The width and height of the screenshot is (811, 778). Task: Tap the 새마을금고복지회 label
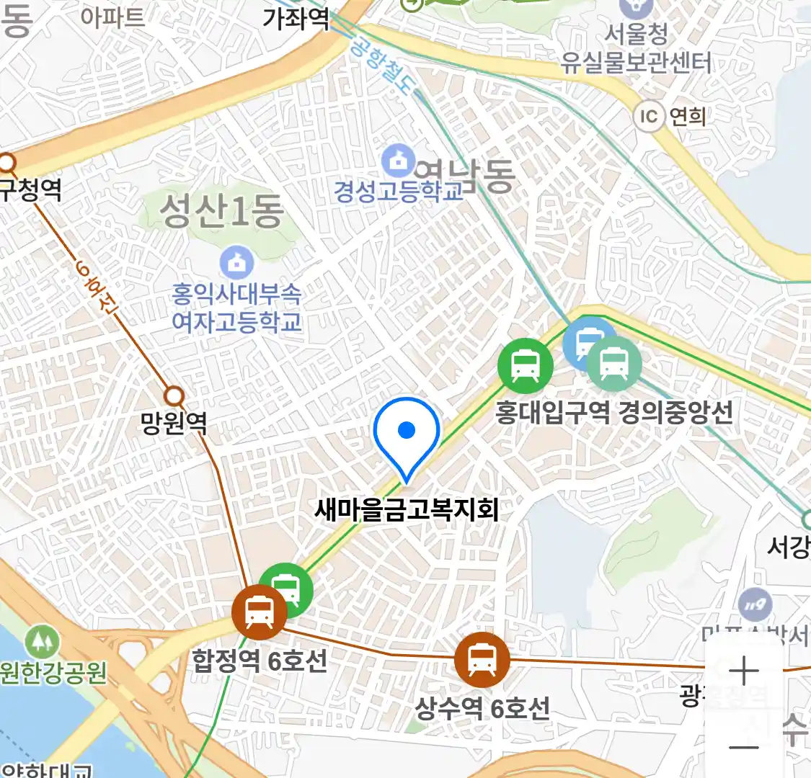(407, 510)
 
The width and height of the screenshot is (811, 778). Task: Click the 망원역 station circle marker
(174, 395)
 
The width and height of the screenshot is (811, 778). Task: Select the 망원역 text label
(174, 422)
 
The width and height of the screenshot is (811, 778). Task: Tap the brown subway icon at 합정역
(259, 612)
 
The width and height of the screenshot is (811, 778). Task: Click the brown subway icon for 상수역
(482, 658)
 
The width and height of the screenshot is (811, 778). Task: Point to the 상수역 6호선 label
(482, 708)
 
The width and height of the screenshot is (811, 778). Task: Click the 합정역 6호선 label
(260, 660)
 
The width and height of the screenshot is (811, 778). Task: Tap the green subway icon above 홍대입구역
(526, 365)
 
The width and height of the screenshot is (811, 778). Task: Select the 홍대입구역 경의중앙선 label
(613, 412)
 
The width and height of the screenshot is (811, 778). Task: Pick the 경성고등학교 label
(399, 191)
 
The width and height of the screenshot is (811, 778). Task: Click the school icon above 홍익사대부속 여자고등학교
(236, 263)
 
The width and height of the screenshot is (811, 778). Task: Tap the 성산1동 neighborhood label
(221, 211)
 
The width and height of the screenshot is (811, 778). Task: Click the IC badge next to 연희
(649, 116)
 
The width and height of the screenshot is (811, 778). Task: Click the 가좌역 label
(296, 18)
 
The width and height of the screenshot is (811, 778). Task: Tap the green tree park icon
(41, 640)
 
